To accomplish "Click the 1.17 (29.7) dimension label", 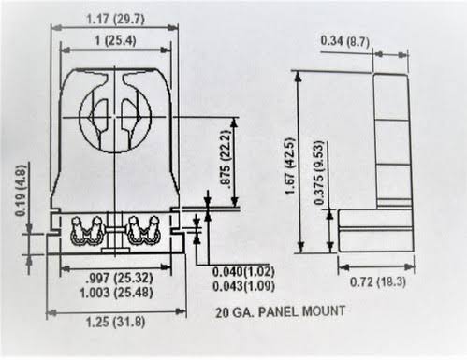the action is point(115,20).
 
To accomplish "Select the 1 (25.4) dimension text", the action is point(115,40).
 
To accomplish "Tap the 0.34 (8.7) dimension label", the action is point(345,41).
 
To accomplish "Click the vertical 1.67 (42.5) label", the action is point(290,166).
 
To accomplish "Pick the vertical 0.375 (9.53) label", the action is point(319,173).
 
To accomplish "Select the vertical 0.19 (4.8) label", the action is point(21,190).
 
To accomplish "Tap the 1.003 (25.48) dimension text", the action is point(116,293).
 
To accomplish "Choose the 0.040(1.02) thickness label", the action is point(243,271).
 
